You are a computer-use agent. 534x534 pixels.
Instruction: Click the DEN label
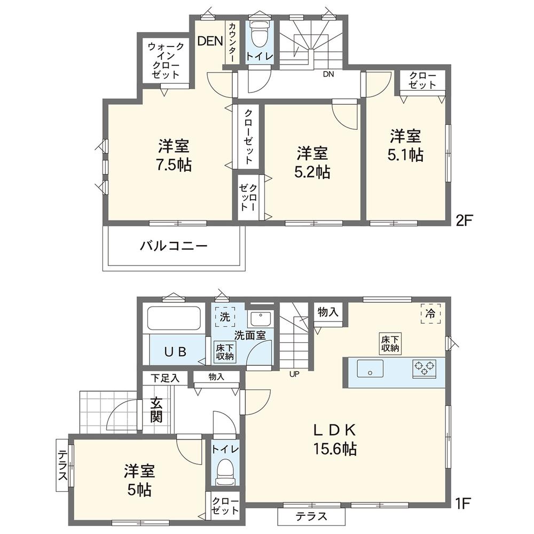point(210,41)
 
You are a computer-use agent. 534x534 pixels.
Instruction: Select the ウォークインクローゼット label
point(166,61)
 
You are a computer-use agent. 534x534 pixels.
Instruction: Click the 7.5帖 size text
point(174,165)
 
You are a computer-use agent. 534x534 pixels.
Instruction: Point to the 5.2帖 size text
point(312,172)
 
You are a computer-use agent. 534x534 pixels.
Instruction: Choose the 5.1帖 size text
point(405,155)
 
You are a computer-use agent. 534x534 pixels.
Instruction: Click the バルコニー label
point(174,246)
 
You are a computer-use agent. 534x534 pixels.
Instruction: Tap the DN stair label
point(328,74)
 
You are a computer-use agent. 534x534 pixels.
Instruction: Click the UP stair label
point(294,374)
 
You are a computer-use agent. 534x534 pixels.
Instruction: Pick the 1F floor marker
point(463,504)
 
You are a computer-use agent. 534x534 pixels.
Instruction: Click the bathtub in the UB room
point(174,318)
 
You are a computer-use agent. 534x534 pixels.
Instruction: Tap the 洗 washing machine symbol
point(225,317)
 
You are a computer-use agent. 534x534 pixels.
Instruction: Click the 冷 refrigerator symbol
point(430,313)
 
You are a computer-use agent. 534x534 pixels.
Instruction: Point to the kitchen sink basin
point(370,368)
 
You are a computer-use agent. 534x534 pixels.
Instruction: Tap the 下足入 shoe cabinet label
point(165,379)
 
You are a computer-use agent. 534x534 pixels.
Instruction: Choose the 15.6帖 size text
point(335,449)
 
